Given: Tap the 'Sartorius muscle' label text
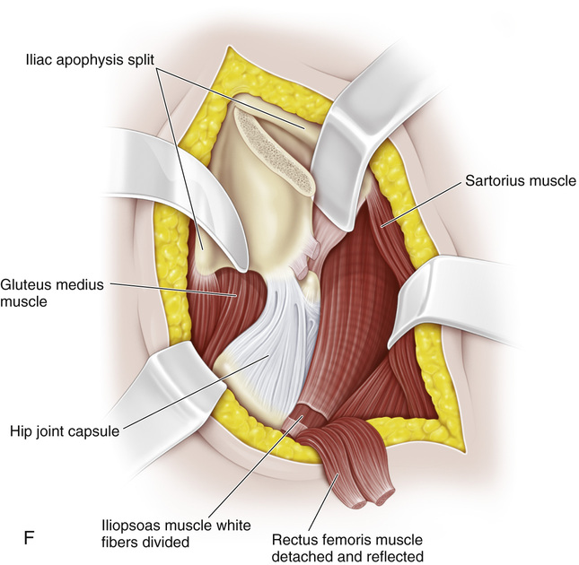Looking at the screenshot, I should click(x=518, y=180).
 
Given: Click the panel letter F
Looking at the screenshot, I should click(x=27, y=536).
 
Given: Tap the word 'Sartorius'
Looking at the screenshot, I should click(x=490, y=180).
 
